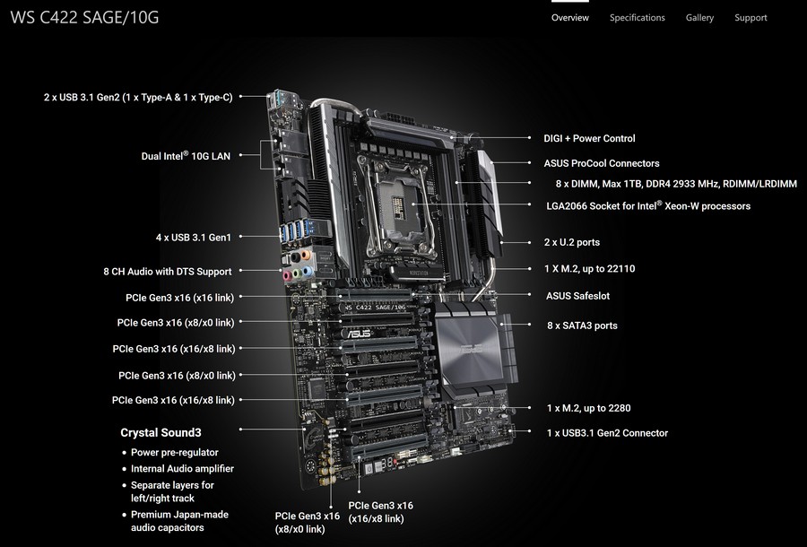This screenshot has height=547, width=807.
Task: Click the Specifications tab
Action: point(638,18)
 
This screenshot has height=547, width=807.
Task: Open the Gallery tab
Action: point(699,18)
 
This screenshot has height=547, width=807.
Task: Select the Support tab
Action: point(751,18)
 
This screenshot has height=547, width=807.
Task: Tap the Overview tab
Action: point(569,18)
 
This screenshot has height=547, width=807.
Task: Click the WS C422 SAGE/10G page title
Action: point(84,18)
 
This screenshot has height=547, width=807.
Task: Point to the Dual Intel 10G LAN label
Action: point(186,155)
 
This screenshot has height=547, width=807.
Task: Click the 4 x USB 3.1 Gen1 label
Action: point(194,238)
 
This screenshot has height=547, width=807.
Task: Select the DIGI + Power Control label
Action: point(589,138)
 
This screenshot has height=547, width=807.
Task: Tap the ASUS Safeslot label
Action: point(577,296)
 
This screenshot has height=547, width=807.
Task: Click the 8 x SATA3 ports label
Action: point(582,326)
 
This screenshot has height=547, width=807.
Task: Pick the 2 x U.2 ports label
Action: point(572,242)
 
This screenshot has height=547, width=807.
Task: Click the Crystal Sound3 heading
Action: point(161,433)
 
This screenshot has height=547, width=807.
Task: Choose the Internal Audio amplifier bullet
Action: point(182,469)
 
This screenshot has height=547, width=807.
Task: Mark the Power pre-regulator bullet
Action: point(175,452)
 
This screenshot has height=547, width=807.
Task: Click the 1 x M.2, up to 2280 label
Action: point(588,408)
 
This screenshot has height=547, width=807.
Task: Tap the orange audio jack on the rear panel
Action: point(306,255)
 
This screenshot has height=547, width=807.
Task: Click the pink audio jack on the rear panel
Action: point(287,276)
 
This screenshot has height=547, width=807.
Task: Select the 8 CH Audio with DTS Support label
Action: point(168,271)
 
